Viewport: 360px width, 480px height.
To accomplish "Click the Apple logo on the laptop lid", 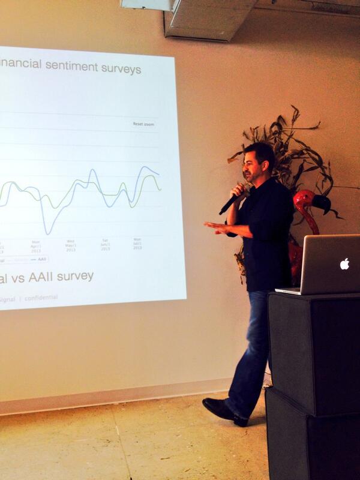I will pos(344,263).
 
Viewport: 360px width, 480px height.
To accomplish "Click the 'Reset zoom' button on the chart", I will pos(143,124).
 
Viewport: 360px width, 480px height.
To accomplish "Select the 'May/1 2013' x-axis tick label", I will pos(70,245).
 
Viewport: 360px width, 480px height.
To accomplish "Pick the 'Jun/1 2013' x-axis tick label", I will pos(104,245).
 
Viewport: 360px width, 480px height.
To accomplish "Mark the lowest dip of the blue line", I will pos(47,233).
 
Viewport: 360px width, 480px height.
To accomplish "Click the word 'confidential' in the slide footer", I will pos(42,296).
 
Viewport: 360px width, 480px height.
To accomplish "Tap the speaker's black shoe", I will pos(223,411).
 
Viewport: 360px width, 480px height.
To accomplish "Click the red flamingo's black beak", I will pos(323,205).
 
